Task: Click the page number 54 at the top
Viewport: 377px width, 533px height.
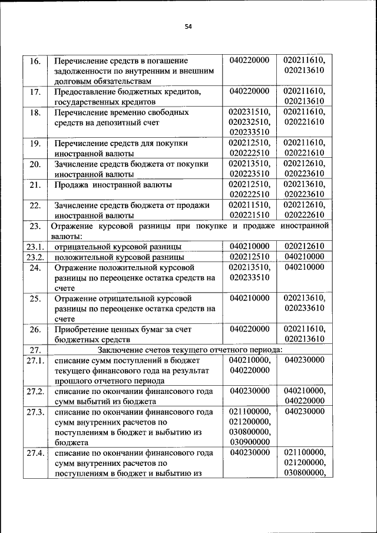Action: click(x=188, y=27)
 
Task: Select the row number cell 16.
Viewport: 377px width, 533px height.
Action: click(x=35, y=61)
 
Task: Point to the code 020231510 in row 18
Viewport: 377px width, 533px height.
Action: click(x=249, y=112)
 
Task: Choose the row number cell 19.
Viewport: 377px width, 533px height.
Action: click(x=35, y=143)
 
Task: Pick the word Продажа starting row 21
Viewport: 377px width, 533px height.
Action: click(x=72, y=185)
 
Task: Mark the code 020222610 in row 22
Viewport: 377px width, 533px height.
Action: click(x=303, y=216)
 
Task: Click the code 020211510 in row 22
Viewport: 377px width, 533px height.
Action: click(x=249, y=205)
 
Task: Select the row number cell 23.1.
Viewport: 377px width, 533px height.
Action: click(x=35, y=246)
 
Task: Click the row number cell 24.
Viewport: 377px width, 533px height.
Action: click(x=35, y=267)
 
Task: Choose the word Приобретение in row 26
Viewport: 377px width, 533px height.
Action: click(x=81, y=329)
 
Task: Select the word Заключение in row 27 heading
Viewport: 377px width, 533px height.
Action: click(x=119, y=350)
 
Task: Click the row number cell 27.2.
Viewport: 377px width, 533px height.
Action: click(x=35, y=391)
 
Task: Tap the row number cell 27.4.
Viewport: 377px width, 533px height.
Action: click(x=35, y=452)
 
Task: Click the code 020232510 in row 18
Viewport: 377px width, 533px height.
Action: click(x=249, y=123)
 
